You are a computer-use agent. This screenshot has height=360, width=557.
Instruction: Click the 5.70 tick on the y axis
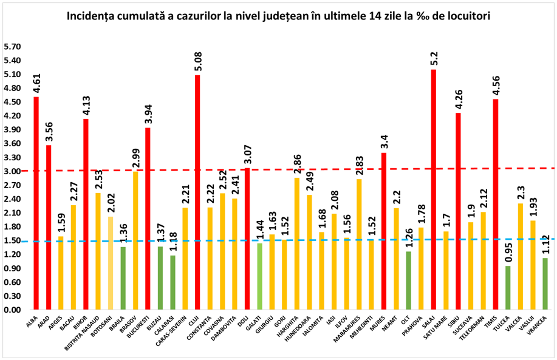[x=12, y=47]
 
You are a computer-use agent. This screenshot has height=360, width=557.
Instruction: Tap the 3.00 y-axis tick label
[x=12, y=171]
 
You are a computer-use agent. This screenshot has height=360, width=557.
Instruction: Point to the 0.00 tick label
[x=12, y=310]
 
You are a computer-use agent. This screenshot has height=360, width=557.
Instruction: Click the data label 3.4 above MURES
[x=384, y=142]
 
